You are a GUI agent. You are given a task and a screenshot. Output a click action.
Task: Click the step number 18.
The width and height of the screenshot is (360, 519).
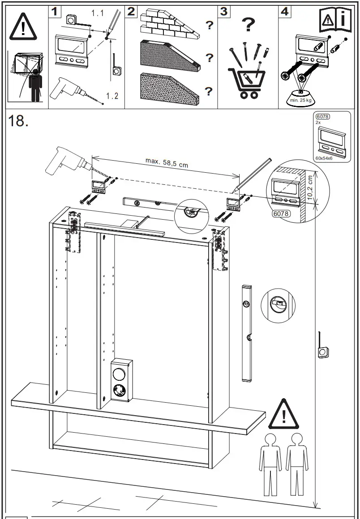(18, 122)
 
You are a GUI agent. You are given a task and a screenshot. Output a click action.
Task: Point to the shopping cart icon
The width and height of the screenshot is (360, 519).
(244, 82)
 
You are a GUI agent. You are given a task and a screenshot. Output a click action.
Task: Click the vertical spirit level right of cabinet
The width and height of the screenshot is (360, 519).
(246, 332)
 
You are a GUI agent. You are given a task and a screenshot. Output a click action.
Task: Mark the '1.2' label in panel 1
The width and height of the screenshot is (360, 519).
(113, 97)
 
